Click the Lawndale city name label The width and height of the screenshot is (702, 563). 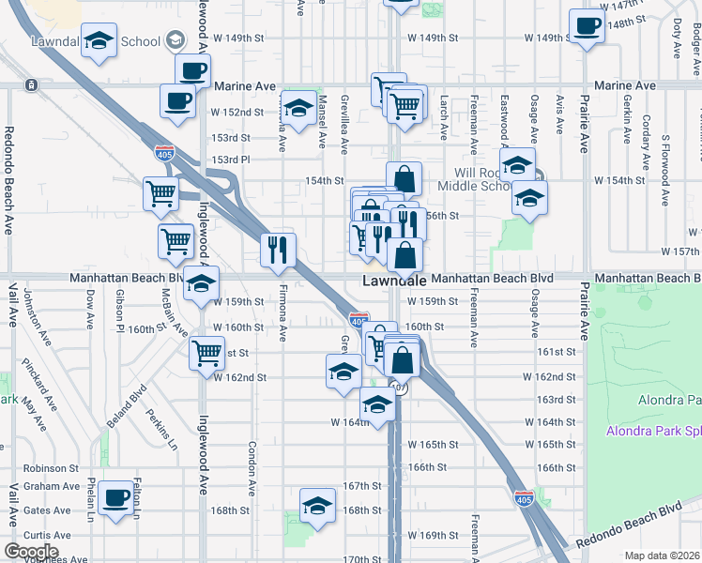(395, 281)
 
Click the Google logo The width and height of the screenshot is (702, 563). (31, 552)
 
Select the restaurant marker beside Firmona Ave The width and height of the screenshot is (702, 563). (278, 250)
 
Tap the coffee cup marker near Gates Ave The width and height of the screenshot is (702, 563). (116, 498)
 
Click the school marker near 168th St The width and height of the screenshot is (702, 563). (318, 506)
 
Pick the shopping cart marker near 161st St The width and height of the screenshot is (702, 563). (206, 354)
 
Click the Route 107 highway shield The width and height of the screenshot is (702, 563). (400, 388)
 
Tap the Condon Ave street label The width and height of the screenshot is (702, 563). (252, 468)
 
